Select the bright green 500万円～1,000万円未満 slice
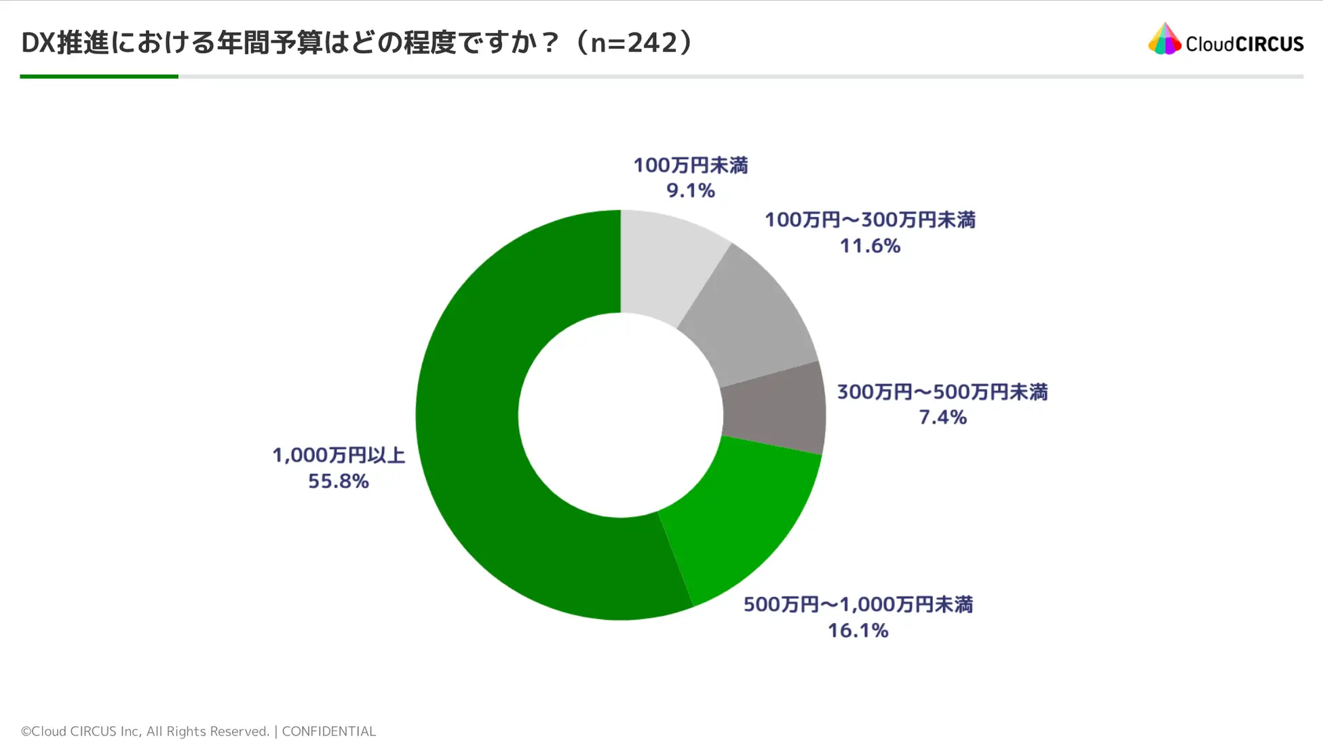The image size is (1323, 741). tap(740, 529)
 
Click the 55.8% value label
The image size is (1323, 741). tap(338, 481)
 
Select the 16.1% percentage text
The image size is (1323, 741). tap(858, 630)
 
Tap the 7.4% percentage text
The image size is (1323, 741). tap(942, 417)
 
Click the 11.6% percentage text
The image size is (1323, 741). tap(870, 245)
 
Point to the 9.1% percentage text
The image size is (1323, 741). tap(690, 191)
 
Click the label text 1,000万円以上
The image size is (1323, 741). tap(339, 455)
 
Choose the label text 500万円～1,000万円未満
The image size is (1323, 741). tap(858, 604)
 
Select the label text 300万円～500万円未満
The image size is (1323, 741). tap(942, 392)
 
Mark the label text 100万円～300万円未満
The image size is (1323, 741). tap(870, 220)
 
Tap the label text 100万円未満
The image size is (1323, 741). tap(691, 165)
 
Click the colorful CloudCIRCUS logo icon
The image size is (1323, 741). tap(1164, 39)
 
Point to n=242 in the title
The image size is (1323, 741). tap(634, 43)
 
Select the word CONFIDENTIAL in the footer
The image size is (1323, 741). tap(328, 731)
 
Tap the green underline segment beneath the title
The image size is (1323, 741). tap(99, 77)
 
